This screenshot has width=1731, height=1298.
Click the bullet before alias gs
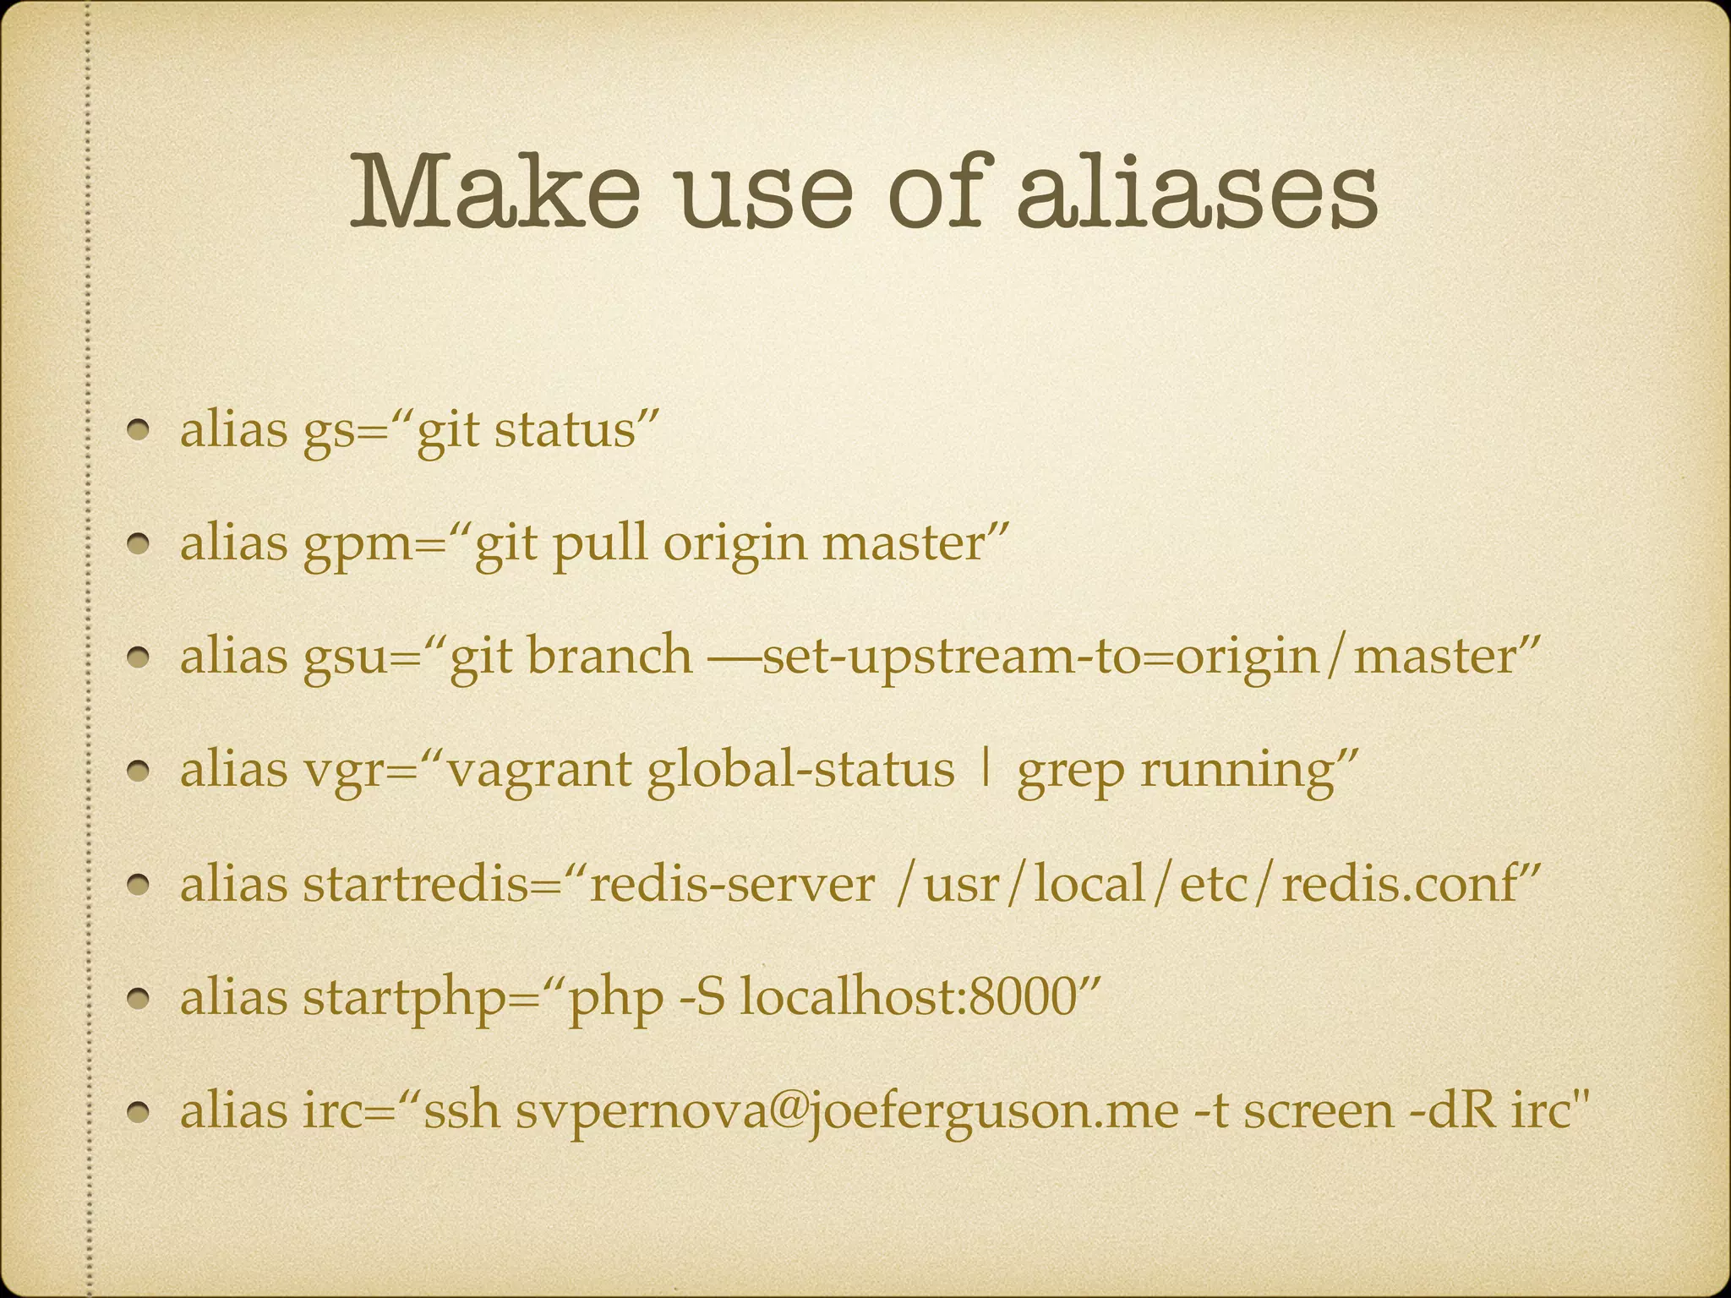click(x=140, y=430)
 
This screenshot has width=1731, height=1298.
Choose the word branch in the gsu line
click(x=609, y=657)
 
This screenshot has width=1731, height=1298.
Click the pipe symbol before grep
click(x=984, y=770)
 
